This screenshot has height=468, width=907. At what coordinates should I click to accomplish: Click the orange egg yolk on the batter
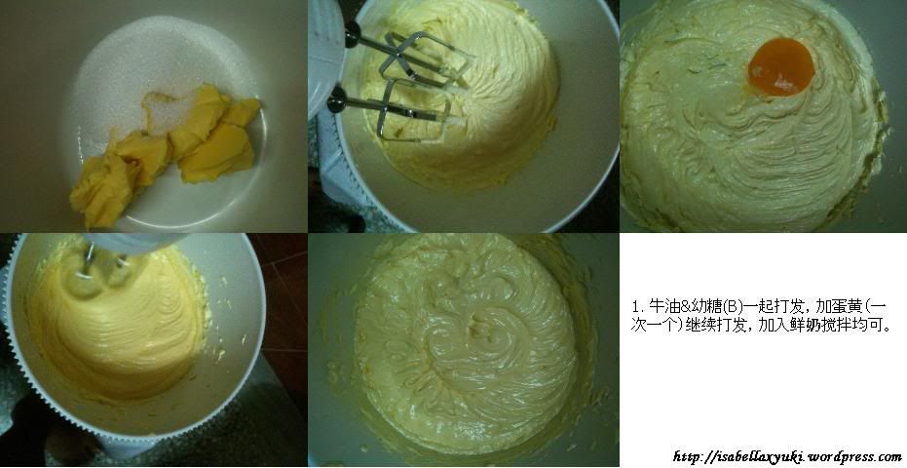click(x=781, y=66)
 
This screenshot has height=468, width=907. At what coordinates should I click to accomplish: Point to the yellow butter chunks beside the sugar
click(x=168, y=153)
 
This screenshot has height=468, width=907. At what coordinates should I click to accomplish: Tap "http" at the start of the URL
click(x=686, y=457)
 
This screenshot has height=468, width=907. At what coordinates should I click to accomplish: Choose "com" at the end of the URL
click(x=889, y=457)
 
